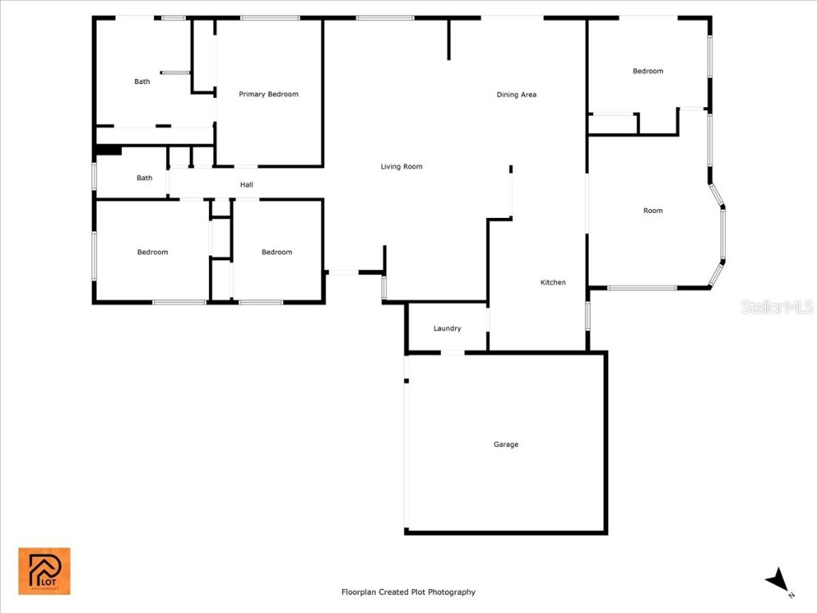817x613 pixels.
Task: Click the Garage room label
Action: (506, 445)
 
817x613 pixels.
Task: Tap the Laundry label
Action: (447, 328)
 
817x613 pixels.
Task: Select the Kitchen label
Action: (553, 283)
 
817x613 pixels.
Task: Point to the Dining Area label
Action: (516, 95)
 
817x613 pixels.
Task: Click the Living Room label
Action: (401, 167)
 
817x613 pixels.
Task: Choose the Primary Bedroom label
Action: (268, 94)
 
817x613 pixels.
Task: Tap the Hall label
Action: (247, 185)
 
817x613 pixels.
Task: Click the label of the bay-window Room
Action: (653, 211)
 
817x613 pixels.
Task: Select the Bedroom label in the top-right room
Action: (648, 71)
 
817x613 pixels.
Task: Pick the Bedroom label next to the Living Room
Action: (277, 252)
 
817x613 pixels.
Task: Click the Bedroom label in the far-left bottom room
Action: (152, 252)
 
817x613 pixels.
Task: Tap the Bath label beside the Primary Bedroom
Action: (141, 81)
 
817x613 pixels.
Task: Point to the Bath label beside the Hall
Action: (144, 178)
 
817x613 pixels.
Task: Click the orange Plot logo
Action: (45, 571)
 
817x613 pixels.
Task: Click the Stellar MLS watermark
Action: (776, 307)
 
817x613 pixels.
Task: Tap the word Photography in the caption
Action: (452, 592)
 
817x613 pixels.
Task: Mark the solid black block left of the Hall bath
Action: (108, 149)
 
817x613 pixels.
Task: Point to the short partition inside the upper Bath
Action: (176, 73)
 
